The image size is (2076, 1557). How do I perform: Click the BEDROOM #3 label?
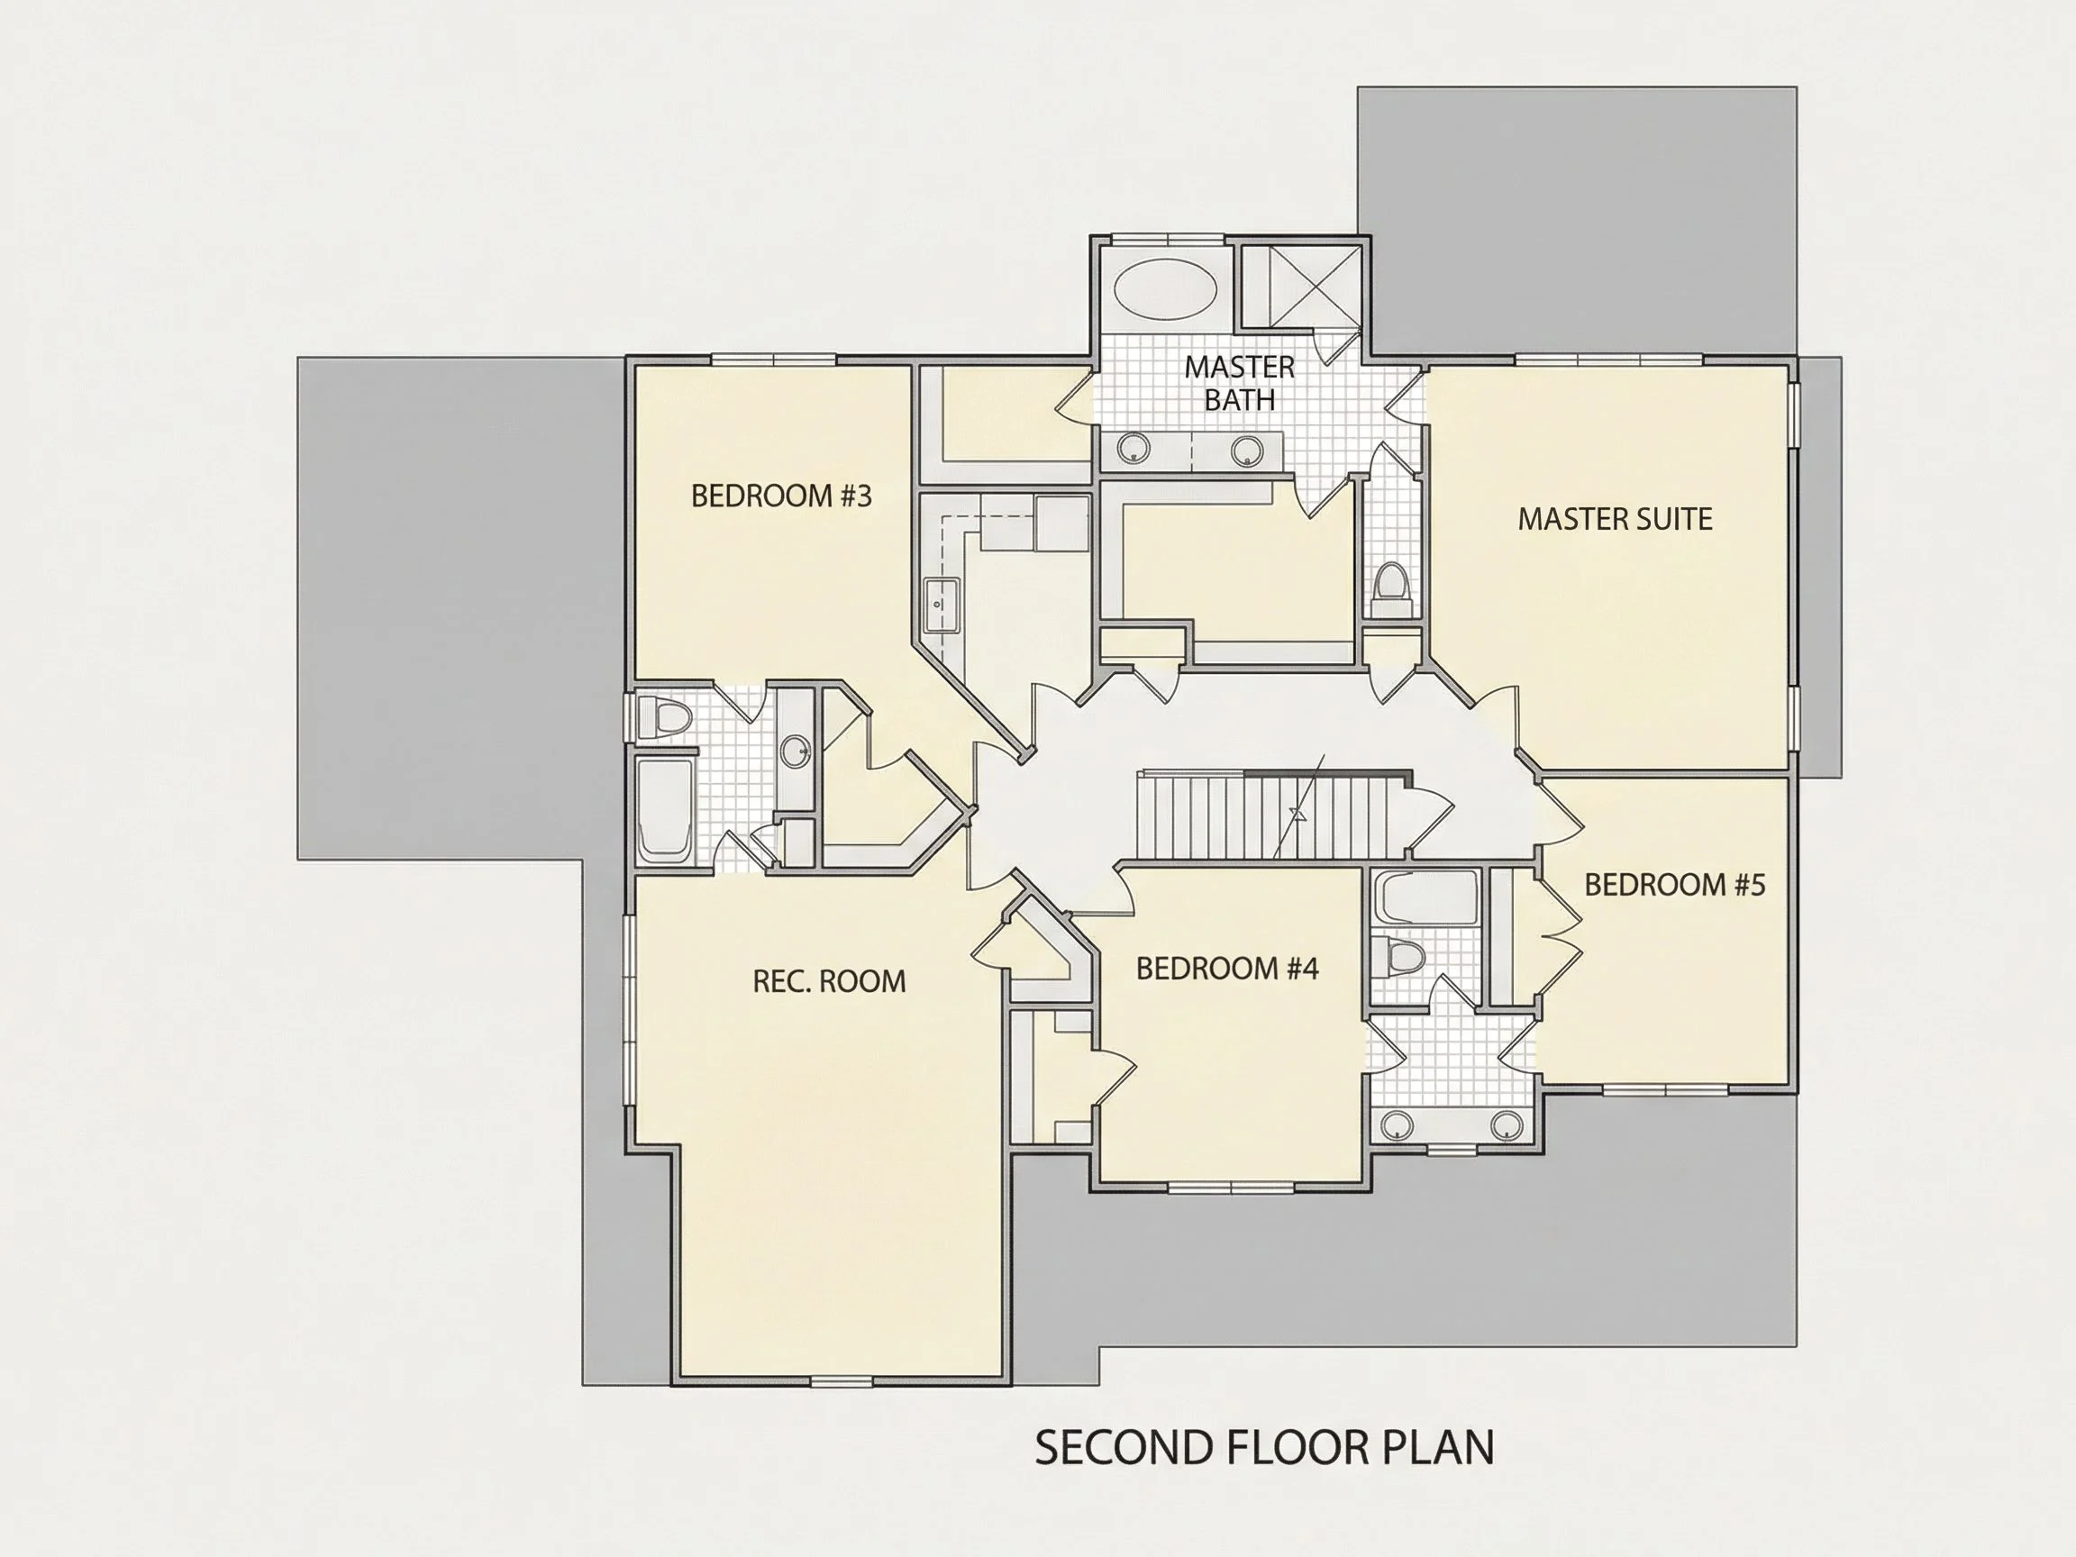[x=781, y=496]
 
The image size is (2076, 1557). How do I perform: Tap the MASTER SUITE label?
[x=1615, y=519]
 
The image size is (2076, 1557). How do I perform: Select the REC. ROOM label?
[x=829, y=982]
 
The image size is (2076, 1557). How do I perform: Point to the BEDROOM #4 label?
[x=1226, y=969]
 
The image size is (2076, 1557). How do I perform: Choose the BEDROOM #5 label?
[x=1674, y=884]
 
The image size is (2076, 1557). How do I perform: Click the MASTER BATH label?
[x=1239, y=383]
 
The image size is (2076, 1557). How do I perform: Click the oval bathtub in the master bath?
[x=1165, y=287]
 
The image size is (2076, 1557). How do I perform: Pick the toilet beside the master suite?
[x=1391, y=587]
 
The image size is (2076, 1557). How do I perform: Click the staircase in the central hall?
[x=1271, y=814]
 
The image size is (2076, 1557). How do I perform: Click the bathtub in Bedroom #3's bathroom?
[x=665, y=810]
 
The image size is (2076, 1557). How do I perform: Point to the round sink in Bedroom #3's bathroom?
[x=796, y=751]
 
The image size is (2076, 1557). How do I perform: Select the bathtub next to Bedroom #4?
[x=1424, y=898]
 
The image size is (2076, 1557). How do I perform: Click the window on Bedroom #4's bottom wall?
[x=1231, y=1188]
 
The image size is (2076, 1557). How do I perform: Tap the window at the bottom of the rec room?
[x=841, y=1379]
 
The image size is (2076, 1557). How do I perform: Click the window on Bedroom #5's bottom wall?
[x=1665, y=1089]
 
